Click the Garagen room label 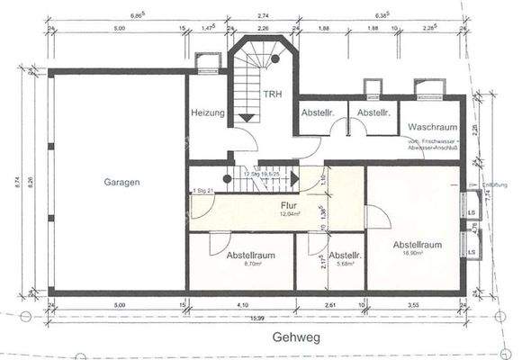[x=121, y=183]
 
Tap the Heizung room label [x=207, y=112]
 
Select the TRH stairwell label [x=274, y=94]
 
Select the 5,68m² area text [x=343, y=265]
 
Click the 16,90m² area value [x=418, y=254]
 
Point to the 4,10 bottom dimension [x=241, y=306]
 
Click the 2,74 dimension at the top [x=264, y=16]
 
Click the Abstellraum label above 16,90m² [x=417, y=244]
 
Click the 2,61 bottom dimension [x=330, y=306]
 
